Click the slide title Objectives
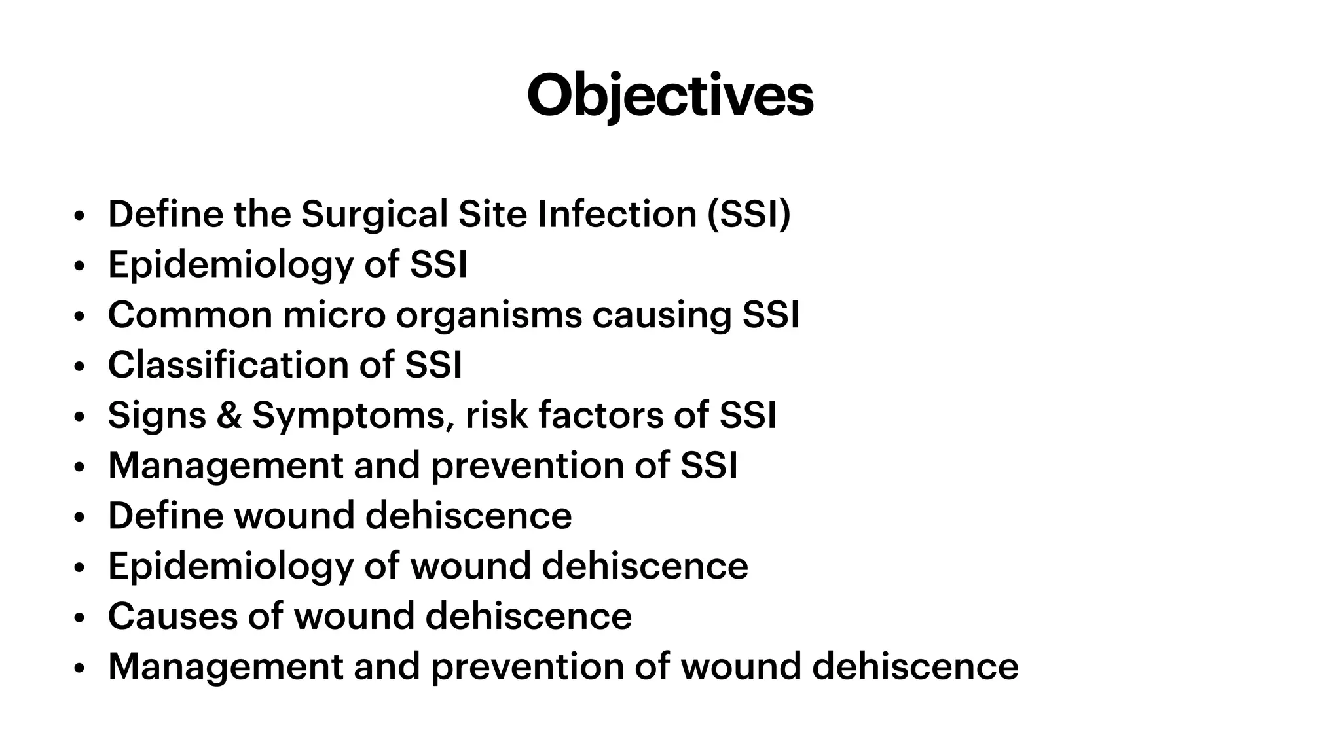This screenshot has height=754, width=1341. (x=670, y=96)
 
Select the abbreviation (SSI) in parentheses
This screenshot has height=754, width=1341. (x=748, y=214)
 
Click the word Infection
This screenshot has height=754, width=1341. (x=617, y=214)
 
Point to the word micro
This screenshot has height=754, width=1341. (x=334, y=315)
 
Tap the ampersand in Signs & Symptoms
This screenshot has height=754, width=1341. (x=229, y=415)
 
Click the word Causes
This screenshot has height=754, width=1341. (x=172, y=616)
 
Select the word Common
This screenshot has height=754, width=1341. (x=190, y=315)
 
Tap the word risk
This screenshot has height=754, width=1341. (x=496, y=415)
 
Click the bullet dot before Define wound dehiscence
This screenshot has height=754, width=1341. (x=79, y=518)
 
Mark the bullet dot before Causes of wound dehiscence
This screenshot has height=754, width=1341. (x=79, y=619)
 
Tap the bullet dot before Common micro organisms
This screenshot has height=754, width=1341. (x=79, y=317)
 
